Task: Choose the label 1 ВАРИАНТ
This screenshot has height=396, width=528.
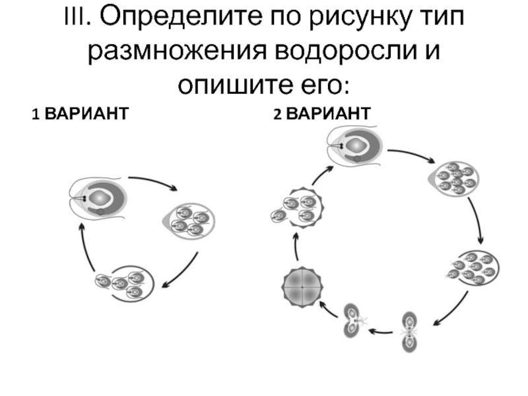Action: (x=79, y=114)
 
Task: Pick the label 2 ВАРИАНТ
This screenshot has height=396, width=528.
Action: (x=322, y=114)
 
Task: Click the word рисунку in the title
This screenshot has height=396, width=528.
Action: (x=348, y=18)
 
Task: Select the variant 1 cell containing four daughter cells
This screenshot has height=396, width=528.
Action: (x=189, y=220)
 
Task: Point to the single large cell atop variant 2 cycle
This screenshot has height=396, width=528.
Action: (x=356, y=145)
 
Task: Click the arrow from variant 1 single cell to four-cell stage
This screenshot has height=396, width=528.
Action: (x=153, y=182)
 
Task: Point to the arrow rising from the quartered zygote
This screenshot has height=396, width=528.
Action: (x=298, y=247)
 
